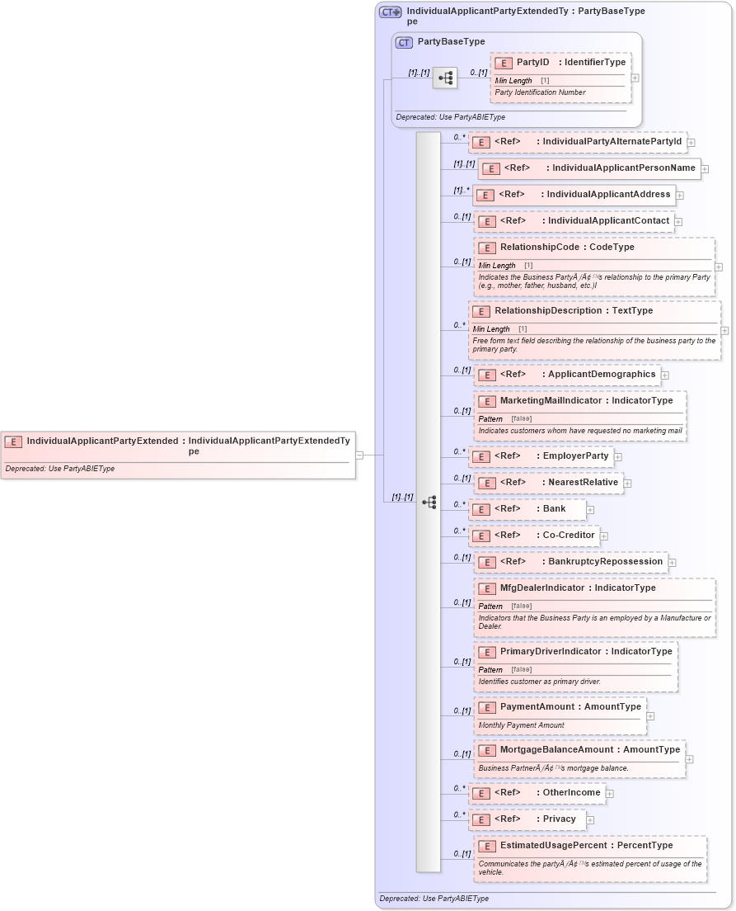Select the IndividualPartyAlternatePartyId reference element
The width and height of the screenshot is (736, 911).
(578, 142)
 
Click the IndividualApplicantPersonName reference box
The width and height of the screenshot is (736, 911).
(589, 168)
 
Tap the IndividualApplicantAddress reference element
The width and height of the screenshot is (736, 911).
(574, 195)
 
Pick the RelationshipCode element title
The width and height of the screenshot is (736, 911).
(567, 248)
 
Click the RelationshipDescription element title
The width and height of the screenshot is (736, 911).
(573, 311)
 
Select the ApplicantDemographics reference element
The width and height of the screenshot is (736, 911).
(567, 375)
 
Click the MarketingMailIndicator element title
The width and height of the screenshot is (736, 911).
(586, 401)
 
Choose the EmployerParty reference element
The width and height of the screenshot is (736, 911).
(541, 456)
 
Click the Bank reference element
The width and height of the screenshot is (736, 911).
(527, 509)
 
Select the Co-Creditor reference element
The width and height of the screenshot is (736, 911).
(533, 536)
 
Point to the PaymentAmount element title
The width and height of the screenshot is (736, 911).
(570, 707)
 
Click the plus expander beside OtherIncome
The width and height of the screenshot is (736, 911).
(610, 794)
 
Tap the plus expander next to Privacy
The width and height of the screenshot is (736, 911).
(590, 820)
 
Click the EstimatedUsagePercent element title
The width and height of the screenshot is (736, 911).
(586, 846)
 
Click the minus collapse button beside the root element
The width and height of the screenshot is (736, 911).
(359, 455)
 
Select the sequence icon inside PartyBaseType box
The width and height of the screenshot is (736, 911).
(445, 78)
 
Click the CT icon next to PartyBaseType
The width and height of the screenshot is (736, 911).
(404, 42)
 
